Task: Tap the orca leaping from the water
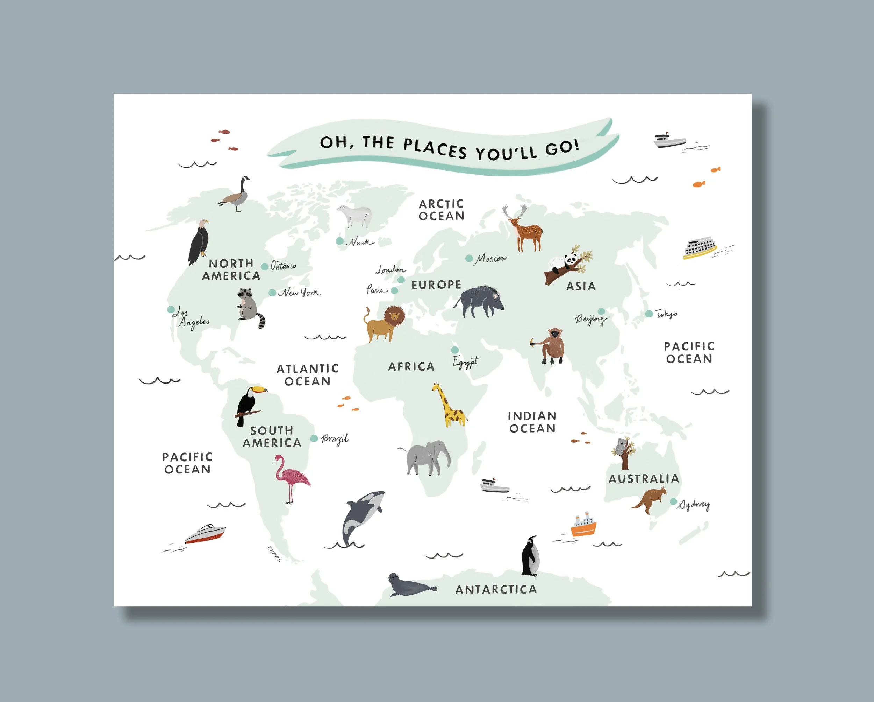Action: (x=361, y=517)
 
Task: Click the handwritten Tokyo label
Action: (x=666, y=314)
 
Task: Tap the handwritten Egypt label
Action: (x=465, y=362)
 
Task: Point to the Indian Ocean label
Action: (x=532, y=422)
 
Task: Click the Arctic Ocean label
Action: (x=442, y=210)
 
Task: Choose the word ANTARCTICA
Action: (x=496, y=590)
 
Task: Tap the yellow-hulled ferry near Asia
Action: (x=699, y=249)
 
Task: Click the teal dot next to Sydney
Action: (x=673, y=502)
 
